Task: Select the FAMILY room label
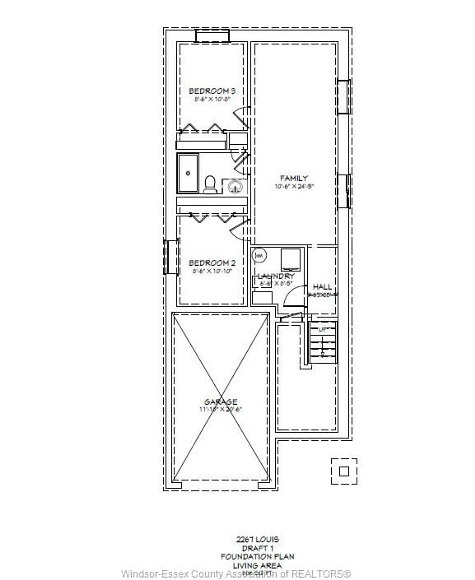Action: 294,178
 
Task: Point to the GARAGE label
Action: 221,402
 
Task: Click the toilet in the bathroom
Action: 210,185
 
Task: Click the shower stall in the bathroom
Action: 188,173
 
